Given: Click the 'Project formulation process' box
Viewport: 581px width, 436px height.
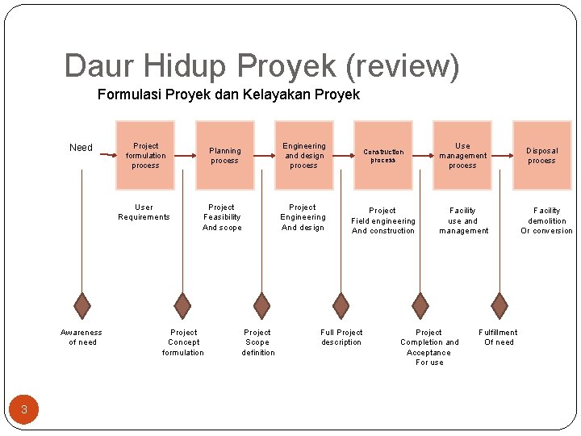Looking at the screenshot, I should coord(145,156).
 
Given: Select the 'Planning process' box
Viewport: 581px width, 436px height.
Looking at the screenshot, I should coord(225,156).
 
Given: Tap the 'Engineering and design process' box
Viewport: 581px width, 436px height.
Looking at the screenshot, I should coord(303,156).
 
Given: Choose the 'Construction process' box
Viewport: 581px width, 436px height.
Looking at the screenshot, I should coord(383,156).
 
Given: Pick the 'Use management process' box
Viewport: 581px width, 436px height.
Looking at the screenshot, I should coord(462,156).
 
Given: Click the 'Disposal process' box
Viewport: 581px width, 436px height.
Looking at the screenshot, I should coord(541,156).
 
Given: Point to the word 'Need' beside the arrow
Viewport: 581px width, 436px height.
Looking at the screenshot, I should coord(81,148).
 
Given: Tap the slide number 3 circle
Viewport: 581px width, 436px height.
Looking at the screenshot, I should coord(24,409).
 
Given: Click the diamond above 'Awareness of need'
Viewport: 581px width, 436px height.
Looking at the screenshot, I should coord(82,305).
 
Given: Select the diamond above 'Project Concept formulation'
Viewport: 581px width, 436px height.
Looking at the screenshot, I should coord(183,305).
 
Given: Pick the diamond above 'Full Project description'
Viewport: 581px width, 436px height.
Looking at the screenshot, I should coord(341,305).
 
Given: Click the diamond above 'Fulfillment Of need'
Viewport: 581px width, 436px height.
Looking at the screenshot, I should coord(499,305).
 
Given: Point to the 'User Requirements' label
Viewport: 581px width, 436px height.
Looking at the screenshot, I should coord(144,212).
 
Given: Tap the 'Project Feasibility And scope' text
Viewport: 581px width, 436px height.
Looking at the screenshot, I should coord(222,217).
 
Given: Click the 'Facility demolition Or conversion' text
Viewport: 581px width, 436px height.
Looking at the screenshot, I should coord(546,220).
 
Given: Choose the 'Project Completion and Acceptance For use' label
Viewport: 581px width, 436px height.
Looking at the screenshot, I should coord(429,347).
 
